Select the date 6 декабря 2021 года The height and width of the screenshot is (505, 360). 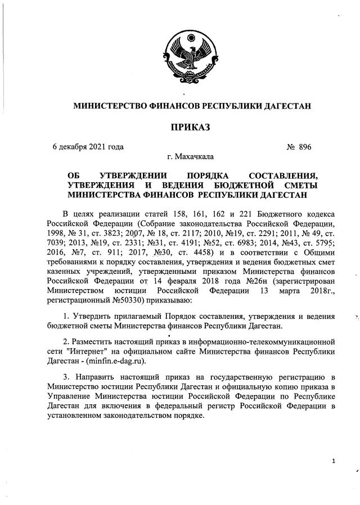(x=88, y=147)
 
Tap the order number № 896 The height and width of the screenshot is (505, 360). (x=299, y=147)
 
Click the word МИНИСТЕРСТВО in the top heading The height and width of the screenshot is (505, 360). (x=105, y=106)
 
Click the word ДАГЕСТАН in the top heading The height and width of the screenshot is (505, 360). (x=282, y=106)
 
